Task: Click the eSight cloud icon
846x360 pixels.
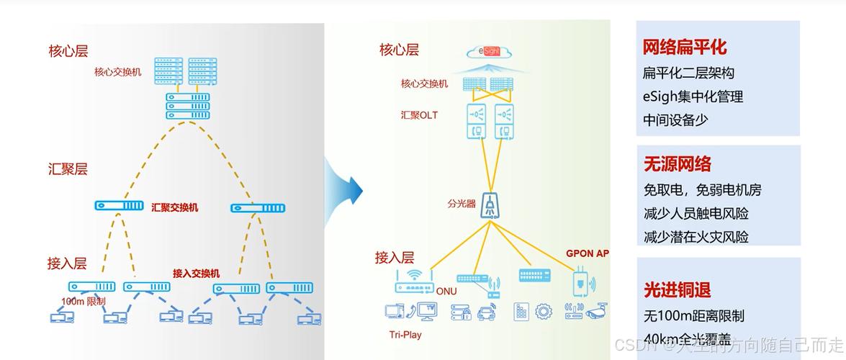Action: [488, 52]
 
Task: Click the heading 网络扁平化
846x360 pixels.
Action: [685, 48]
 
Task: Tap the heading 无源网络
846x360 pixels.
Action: [678, 164]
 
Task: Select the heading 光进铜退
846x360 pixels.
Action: [678, 289]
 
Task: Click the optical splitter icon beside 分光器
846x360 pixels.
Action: [490, 206]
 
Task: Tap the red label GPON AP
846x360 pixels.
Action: [588, 253]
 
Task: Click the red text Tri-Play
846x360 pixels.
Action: [405, 335]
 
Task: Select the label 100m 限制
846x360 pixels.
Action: [84, 301]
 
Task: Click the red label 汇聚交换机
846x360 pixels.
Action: [174, 207]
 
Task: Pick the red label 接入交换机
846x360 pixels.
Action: [196, 274]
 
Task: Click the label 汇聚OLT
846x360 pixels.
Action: [419, 115]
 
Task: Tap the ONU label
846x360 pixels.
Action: [446, 291]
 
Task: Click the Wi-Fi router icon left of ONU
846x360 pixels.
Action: [414, 281]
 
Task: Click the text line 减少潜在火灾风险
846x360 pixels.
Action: [696, 236]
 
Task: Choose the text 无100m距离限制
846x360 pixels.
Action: [694, 315]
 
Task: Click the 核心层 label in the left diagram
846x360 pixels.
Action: [68, 51]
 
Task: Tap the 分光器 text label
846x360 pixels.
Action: [462, 204]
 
